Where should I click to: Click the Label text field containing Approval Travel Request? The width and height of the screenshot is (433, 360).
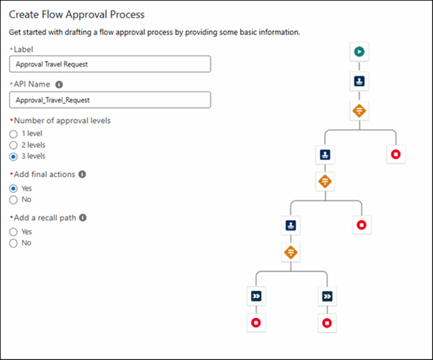point(110,64)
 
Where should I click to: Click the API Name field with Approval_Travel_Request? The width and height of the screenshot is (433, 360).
point(110,100)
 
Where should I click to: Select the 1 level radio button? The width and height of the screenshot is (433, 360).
point(13,134)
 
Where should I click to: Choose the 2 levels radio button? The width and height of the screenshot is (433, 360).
point(13,145)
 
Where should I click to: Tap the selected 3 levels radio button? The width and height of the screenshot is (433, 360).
point(13,156)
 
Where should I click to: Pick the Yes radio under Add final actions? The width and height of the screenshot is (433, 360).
point(13,189)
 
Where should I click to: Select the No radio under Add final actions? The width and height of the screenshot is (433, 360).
point(13,200)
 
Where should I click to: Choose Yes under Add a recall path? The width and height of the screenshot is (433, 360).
point(13,232)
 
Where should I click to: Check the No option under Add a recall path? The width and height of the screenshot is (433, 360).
point(13,243)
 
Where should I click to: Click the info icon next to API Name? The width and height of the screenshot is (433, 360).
point(59,84)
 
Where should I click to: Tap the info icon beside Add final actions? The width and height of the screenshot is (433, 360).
point(82,175)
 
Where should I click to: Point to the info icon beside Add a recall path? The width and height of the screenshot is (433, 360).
point(83,218)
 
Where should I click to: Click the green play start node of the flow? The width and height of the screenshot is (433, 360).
point(359,52)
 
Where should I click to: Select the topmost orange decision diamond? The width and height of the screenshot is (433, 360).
point(359,111)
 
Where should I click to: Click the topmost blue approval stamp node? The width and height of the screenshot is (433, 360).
point(359,81)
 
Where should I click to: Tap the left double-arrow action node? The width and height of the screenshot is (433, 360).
point(256,296)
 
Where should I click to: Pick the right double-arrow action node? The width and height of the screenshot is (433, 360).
point(327,297)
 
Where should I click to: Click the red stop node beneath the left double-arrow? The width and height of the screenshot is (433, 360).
point(256,323)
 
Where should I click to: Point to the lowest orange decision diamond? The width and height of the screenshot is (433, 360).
point(291,253)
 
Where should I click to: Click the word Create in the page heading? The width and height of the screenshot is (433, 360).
point(24,14)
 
